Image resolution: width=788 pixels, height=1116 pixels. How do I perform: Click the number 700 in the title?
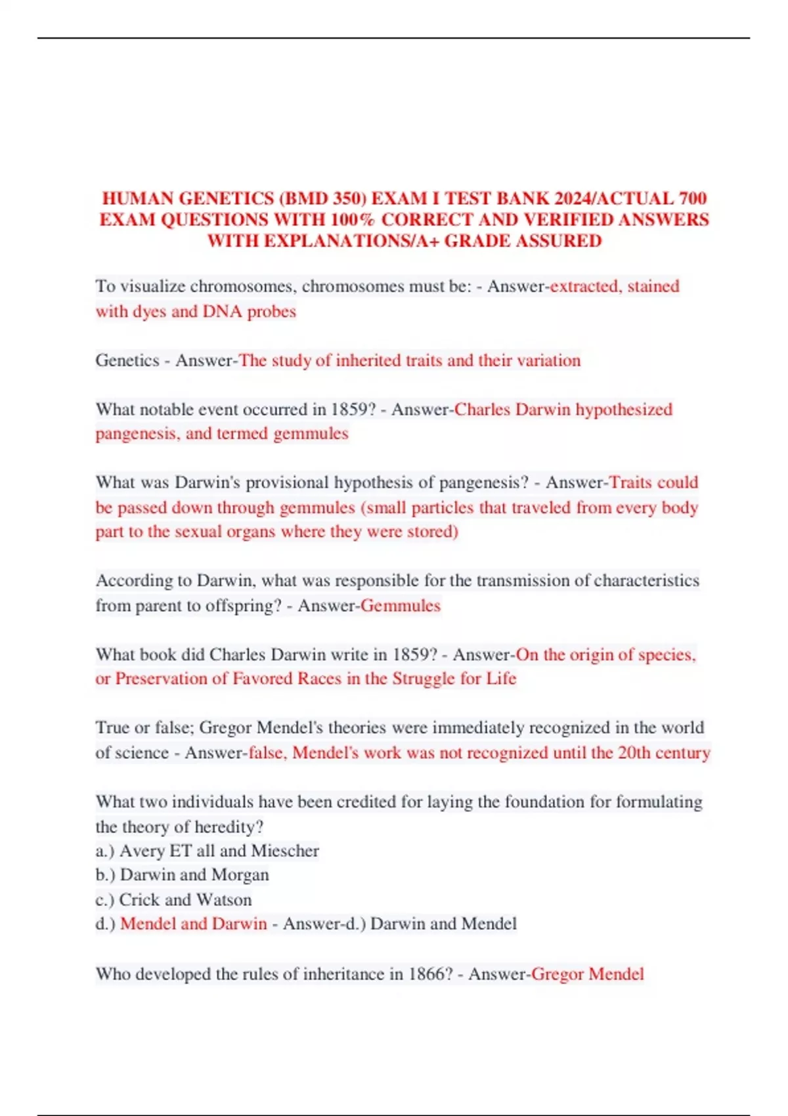692,198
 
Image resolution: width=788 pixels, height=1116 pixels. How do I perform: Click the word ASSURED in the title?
558,240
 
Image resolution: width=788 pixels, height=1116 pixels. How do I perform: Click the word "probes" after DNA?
272,311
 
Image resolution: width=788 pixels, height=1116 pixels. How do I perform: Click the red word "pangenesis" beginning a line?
135,434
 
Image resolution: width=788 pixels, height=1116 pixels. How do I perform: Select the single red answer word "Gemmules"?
401,605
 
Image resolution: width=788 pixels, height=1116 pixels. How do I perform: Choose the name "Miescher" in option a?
285,851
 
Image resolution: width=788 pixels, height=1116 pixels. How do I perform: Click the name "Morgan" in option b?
240,875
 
